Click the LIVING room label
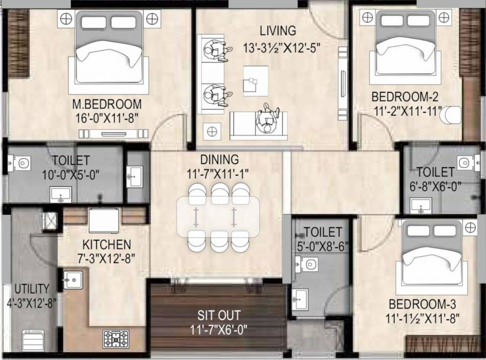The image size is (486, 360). pyautogui.click(x=278, y=31)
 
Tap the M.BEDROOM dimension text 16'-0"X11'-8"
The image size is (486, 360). pyautogui.click(x=107, y=118)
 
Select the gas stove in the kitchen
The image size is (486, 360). pyautogui.click(x=116, y=339)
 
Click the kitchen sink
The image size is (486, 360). pyautogui.click(x=73, y=280)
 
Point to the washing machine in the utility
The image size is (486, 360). pyautogui.click(x=33, y=340)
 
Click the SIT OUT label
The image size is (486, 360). pyautogui.click(x=219, y=315)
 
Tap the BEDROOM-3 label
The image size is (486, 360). pyautogui.click(x=422, y=304)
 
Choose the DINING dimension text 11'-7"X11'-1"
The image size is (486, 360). pyautogui.click(x=218, y=174)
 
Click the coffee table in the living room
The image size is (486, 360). pyautogui.click(x=256, y=81)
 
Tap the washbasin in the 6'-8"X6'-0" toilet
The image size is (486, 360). pyautogui.click(x=421, y=206)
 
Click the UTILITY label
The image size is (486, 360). pyautogui.click(x=32, y=289)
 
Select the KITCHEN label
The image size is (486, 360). pyautogui.click(x=106, y=245)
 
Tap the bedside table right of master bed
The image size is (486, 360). pyautogui.click(x=152, y=19)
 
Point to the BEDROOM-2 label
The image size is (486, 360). pyautogui.click(x=405, y=97)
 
